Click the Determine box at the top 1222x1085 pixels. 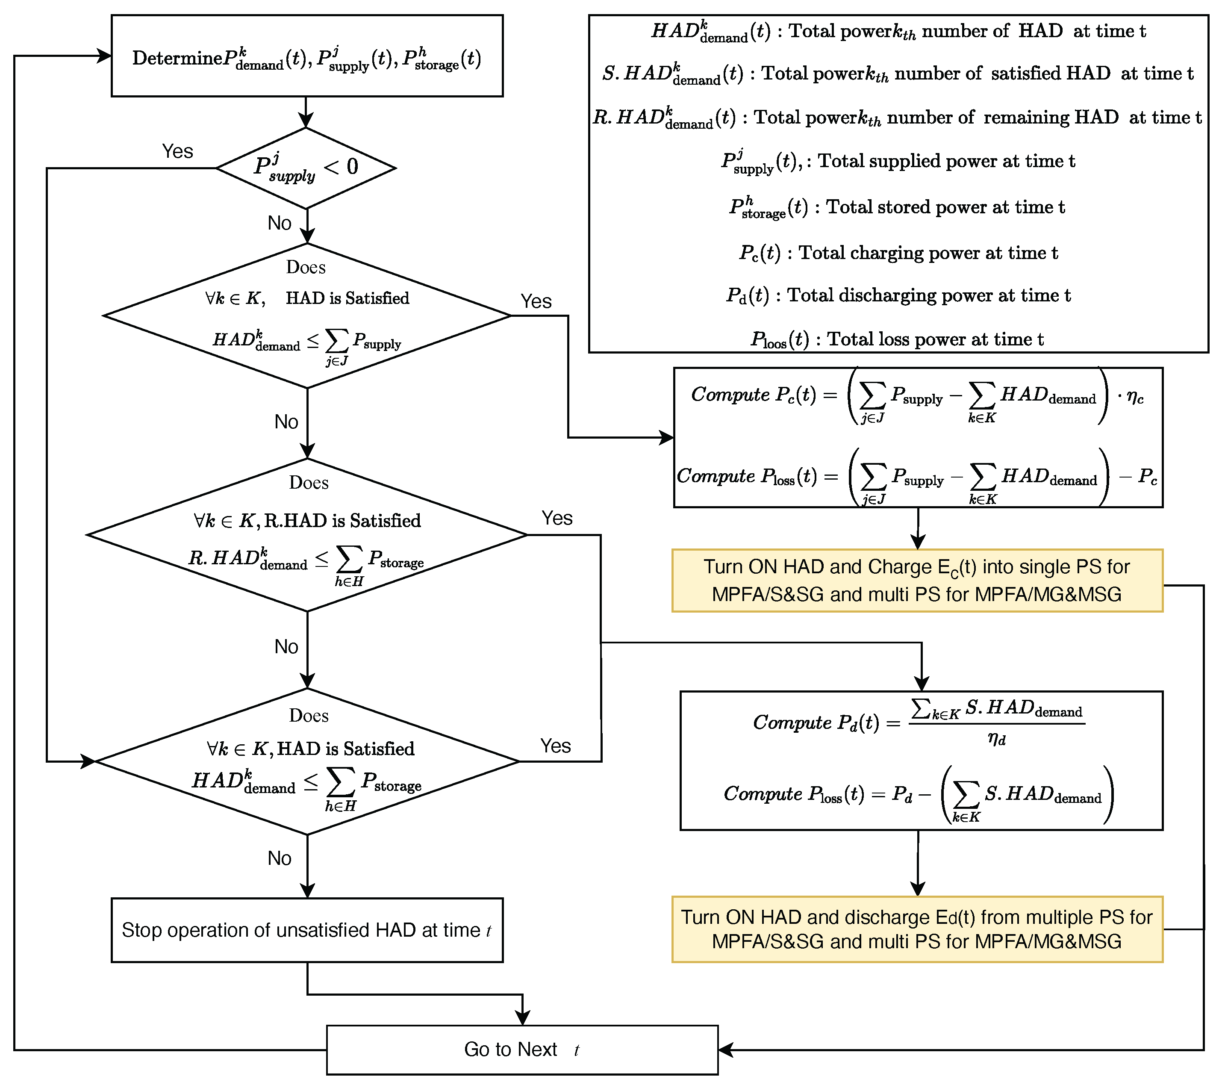tap(307, 56)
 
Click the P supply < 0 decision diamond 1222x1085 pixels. tap(306, 168)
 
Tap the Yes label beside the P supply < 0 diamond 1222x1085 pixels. tap(177, 151)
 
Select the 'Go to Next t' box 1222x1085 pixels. tap(522, 1049)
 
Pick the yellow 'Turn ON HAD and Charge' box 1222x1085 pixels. tap(917, 581)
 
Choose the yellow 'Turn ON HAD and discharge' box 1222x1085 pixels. tap(917, 929)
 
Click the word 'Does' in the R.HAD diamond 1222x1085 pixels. tap(309, 482)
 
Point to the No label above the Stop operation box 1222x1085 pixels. tap(279, 858)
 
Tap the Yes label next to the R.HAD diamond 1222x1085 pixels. tap(557, 518)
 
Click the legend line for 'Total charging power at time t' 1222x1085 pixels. tap(898, 253)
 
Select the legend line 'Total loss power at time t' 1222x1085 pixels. tap(897, 339)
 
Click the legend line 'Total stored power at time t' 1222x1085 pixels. tap(897, 207)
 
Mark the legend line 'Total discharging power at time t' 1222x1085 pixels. tap(898, 295)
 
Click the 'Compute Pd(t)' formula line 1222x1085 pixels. tap(917, 722)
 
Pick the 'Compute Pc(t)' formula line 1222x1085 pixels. tap(917, 395)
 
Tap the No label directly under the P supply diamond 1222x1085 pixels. tap(279, 223)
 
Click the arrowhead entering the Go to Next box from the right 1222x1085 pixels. tap(724, 1050)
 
